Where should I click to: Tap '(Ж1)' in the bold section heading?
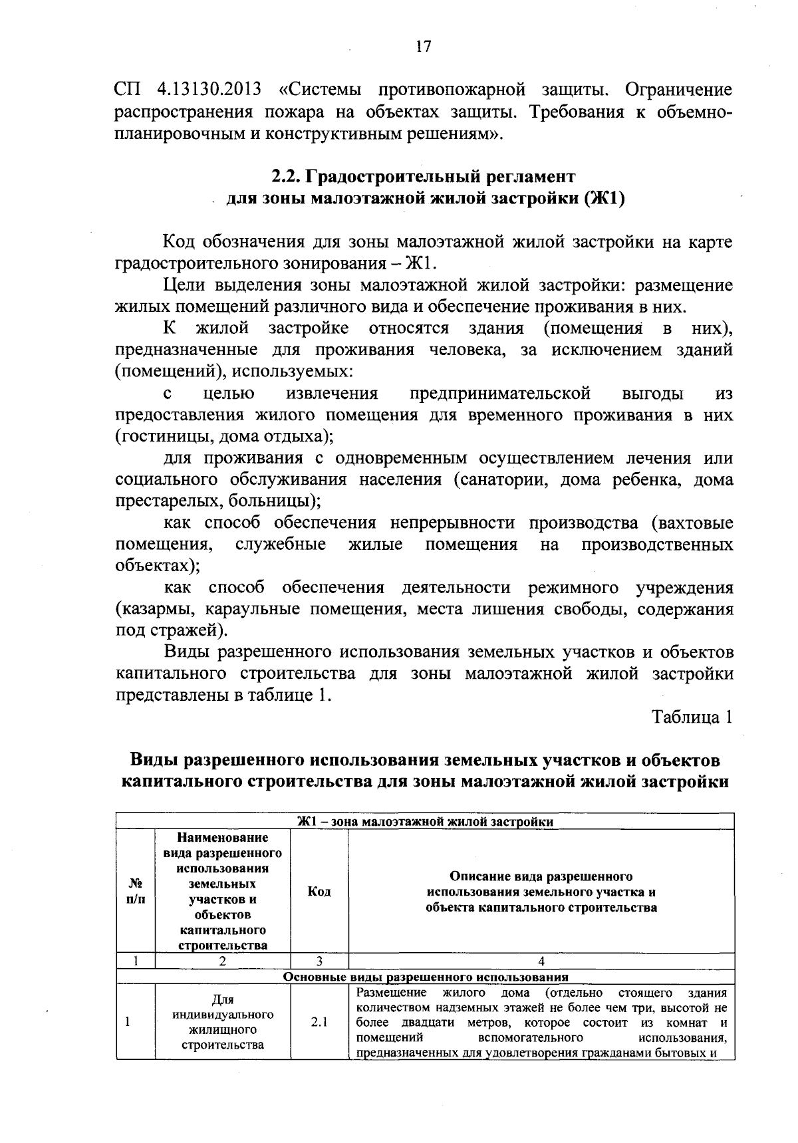coord(604,199)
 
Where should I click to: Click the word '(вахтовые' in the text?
coord(692,523)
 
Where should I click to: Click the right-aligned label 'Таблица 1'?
coord(692,717)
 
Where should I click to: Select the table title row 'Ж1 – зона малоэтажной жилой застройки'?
coord(425,821)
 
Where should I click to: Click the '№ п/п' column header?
coord(135,891)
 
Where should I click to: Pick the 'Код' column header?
coord(319,891)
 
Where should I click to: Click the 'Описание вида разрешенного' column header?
coord(541,876)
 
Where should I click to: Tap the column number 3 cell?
coord(319,961)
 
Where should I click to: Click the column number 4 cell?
coord(541,961)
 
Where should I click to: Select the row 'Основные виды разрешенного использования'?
coord(426,977)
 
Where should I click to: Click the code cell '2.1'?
coord(319,1023)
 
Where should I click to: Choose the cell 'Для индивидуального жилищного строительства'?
coord(223,1023)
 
